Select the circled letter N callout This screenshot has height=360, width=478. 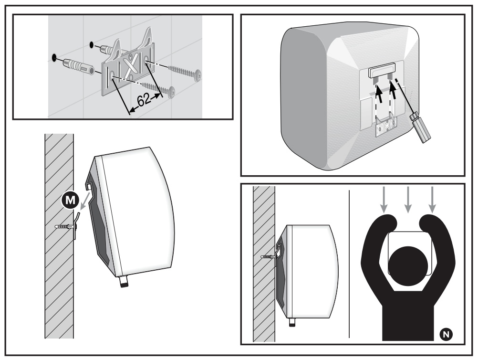[x=447, y=334]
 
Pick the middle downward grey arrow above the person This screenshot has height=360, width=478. [x=408, y=201]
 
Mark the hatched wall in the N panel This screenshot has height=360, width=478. [x=263, y=263]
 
